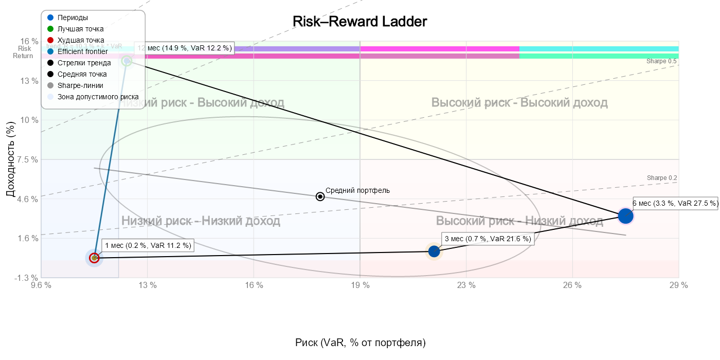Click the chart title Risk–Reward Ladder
(x=360, y=22)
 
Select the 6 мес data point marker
(x=625, y=216)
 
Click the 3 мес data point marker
(x=434, y=251)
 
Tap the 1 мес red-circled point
(x=94, y=258)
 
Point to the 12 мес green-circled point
(x=127, y=61)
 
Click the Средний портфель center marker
(x=320, y=196)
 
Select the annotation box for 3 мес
(x=488, y=239)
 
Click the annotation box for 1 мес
(x=148, y=246)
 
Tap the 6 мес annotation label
(x=675, y=203)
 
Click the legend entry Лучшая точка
(x=80, y=29)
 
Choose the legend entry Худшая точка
(x=81, y=40)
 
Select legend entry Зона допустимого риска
(x=98, y=97)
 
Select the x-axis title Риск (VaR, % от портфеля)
(x=360, y=343)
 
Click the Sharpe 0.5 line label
(x=661, y=61)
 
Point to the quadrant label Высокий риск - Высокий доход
(x=519, y=103)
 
